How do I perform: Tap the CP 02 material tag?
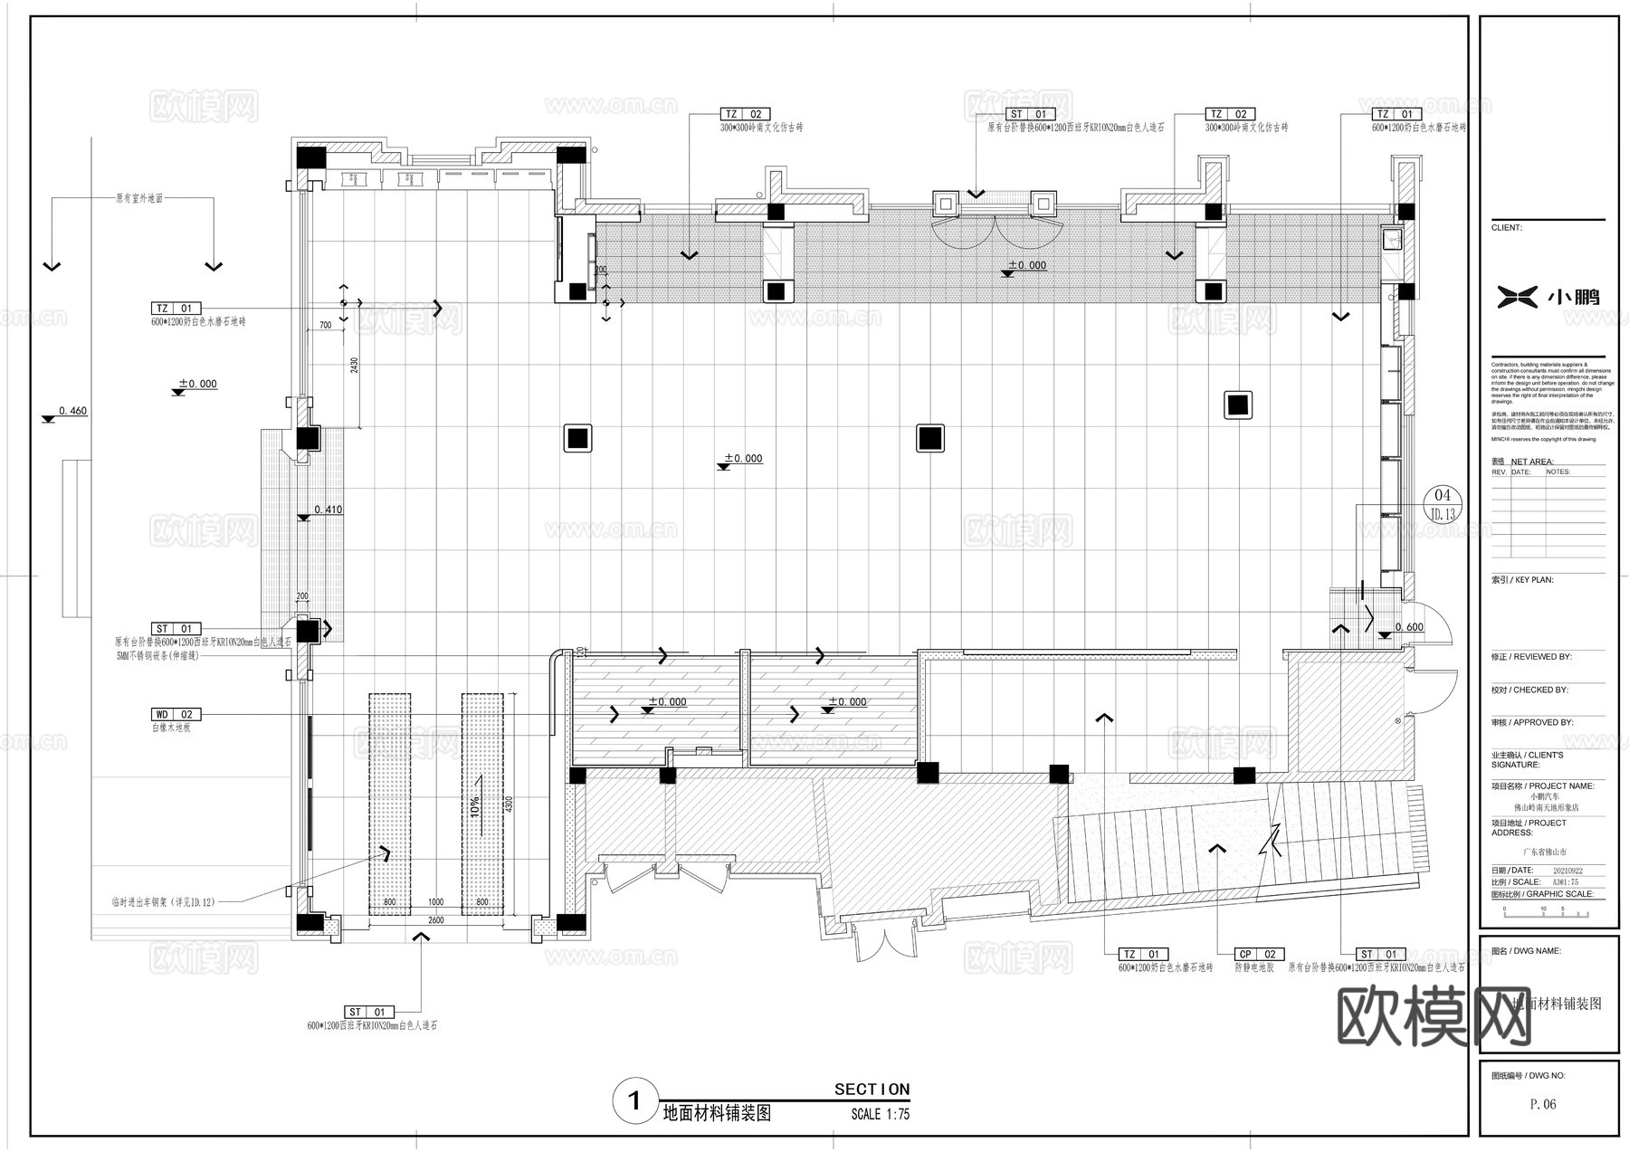click(1259, 954)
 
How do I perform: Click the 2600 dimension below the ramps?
click(436, 920)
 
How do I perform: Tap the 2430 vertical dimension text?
click(354, 365)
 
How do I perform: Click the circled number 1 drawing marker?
click(634, 1100)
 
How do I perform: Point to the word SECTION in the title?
click(872, 1090)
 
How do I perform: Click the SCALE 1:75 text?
click(880, 1114)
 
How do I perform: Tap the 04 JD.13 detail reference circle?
click(1443, 504)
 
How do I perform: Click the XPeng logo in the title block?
click(1548, 296)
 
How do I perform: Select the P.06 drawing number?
click(1542, 1104)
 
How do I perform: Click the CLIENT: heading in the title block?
click(1507, 228)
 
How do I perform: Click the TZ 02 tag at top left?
click(745, 114)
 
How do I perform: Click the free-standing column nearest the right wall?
click(1237, 405)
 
